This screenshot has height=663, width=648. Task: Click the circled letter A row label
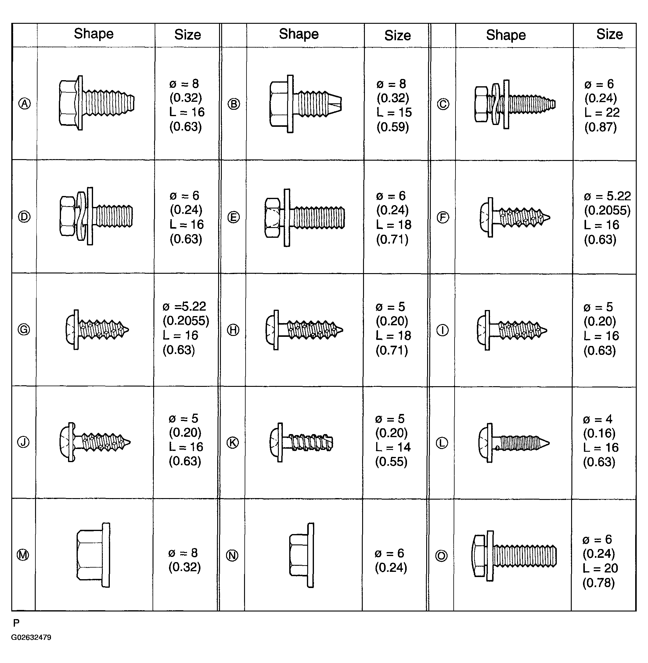click(24, 103)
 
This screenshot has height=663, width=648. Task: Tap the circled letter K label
click(233, 442)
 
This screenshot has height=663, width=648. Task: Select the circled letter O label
click(442, 556)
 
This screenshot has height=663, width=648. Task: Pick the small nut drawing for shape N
click(301, 555)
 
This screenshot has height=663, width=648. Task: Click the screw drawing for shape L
click(513, 443)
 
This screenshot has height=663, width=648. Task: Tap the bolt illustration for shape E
click(304, 217)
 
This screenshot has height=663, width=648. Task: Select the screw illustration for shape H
click(304, 330)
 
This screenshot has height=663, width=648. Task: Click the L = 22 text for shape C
click(602, 112)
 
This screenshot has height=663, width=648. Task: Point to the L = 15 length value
click(394, 112)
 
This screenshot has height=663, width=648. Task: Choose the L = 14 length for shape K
click(393, 447)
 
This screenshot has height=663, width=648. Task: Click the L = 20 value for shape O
click(600, 568)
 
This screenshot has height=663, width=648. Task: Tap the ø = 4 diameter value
click(598, 419)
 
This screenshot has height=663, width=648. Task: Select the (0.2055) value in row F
click(607, 210)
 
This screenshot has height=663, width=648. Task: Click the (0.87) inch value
click(600, 127)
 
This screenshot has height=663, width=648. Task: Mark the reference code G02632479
click(31, 637)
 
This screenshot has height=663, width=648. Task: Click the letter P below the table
click(16, 623)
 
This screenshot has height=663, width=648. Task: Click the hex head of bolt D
click(67, 216)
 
